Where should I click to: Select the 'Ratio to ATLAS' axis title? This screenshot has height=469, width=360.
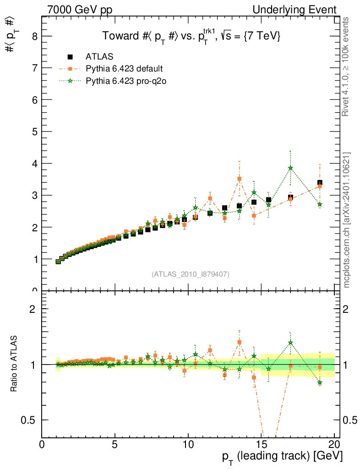14,364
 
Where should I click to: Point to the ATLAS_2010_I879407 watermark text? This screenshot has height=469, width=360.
191,274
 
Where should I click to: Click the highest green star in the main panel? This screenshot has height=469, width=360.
290,168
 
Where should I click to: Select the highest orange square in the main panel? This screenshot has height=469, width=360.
239,179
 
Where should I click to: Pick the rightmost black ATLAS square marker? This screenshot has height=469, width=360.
320,183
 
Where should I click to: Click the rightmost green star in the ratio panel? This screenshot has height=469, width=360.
320,382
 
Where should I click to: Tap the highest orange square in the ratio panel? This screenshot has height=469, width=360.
239,342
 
